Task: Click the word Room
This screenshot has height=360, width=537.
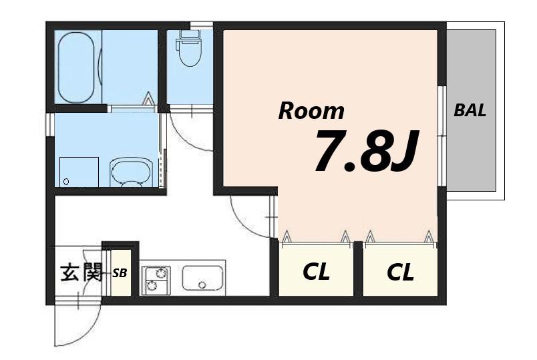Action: coord(311,111)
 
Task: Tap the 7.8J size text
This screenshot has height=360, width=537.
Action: coord(366,150)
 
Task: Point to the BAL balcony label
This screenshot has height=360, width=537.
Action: coord(470,110)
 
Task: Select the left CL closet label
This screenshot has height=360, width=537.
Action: coord(316,272)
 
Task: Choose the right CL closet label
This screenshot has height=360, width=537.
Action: coord(400,273)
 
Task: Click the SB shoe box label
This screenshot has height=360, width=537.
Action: coord(120,273)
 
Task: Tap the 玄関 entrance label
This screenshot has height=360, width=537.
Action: coord(82,273)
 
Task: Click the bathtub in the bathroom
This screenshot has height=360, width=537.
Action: coord(76,67)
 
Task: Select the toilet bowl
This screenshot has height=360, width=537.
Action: coord(190,55)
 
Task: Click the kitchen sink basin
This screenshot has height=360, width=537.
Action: coord(202,278)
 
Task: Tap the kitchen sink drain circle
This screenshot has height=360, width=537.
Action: coord(202,285)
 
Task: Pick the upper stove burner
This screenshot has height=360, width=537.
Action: coord(160,273)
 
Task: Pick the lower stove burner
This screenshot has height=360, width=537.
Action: coord(151,285)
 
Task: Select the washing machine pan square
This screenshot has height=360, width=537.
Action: coord(79,172)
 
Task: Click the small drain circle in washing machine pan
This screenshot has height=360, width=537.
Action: coord(66,182)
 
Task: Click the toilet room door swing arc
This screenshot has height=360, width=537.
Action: coord(185,138)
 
